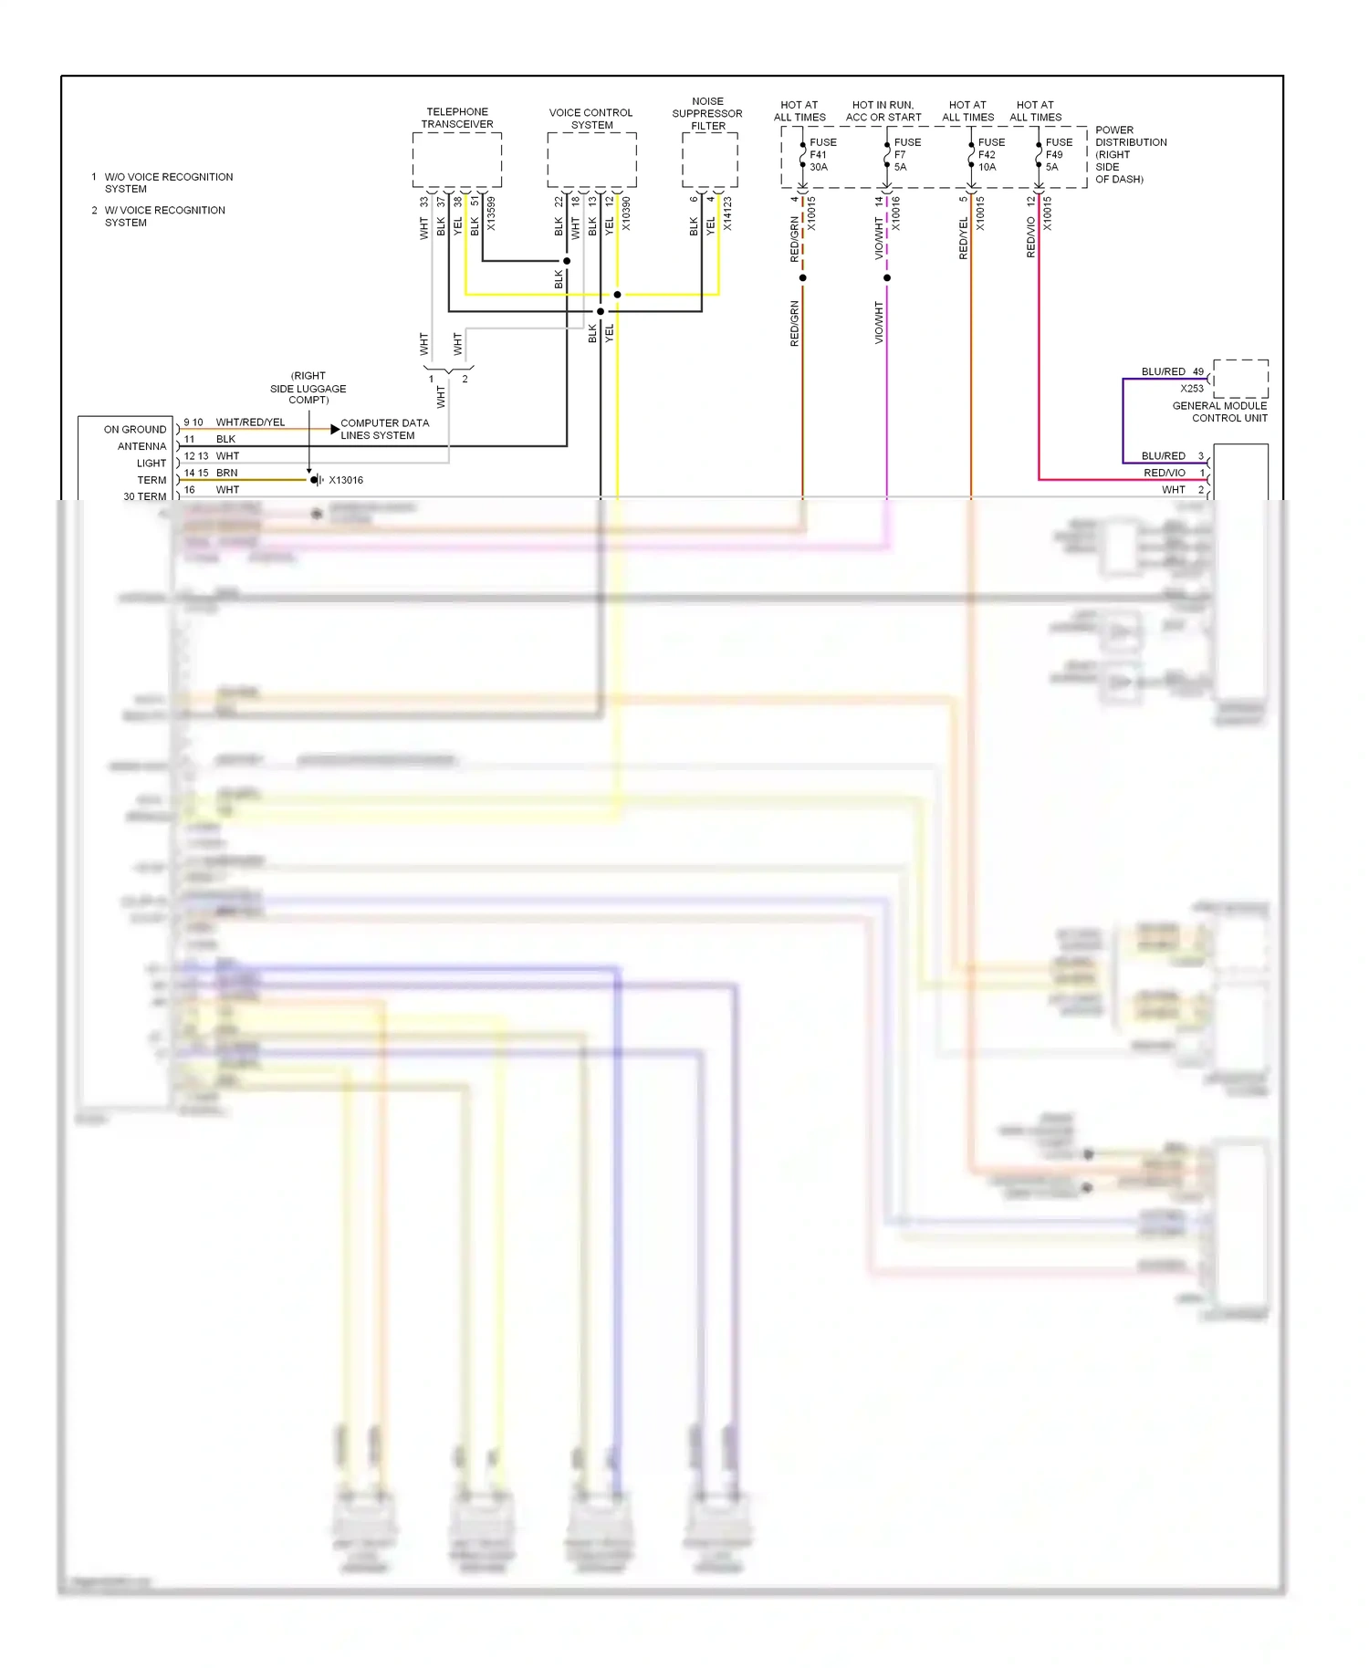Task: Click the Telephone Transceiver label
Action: [457, 118]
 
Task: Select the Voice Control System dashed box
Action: [591, 160]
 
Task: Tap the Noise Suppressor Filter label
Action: [707, 113]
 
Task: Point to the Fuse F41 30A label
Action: [821, 154]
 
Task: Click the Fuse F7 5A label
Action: [906, 154]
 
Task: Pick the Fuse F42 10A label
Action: [990, 154]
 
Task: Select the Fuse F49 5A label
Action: [1058, 154]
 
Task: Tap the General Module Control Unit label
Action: [1219, 412]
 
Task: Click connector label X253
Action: [1191, 388]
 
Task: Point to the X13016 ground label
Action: [346, 480]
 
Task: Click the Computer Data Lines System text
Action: [383, 429]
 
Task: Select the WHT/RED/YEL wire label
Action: [250, 422]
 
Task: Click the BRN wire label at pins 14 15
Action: [226, 473]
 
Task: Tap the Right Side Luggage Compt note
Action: [308, 388]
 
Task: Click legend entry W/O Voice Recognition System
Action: [168, 182]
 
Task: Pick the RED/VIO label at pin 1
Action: [1164, 473]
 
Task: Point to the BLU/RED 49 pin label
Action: [1172, 371]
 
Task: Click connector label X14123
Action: [727, 214]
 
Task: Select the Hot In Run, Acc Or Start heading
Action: [883, 110]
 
